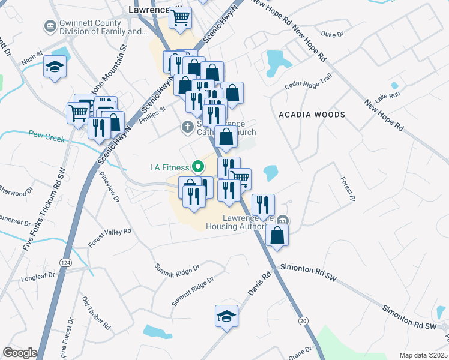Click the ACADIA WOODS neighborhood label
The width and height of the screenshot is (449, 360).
click(312, 115)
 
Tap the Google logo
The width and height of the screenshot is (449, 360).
click(20, 353)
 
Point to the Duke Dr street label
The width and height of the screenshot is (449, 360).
click(332, 34)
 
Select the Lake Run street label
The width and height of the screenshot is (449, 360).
click(387, 96)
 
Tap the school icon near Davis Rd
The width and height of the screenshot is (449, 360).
click(226, 316)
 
